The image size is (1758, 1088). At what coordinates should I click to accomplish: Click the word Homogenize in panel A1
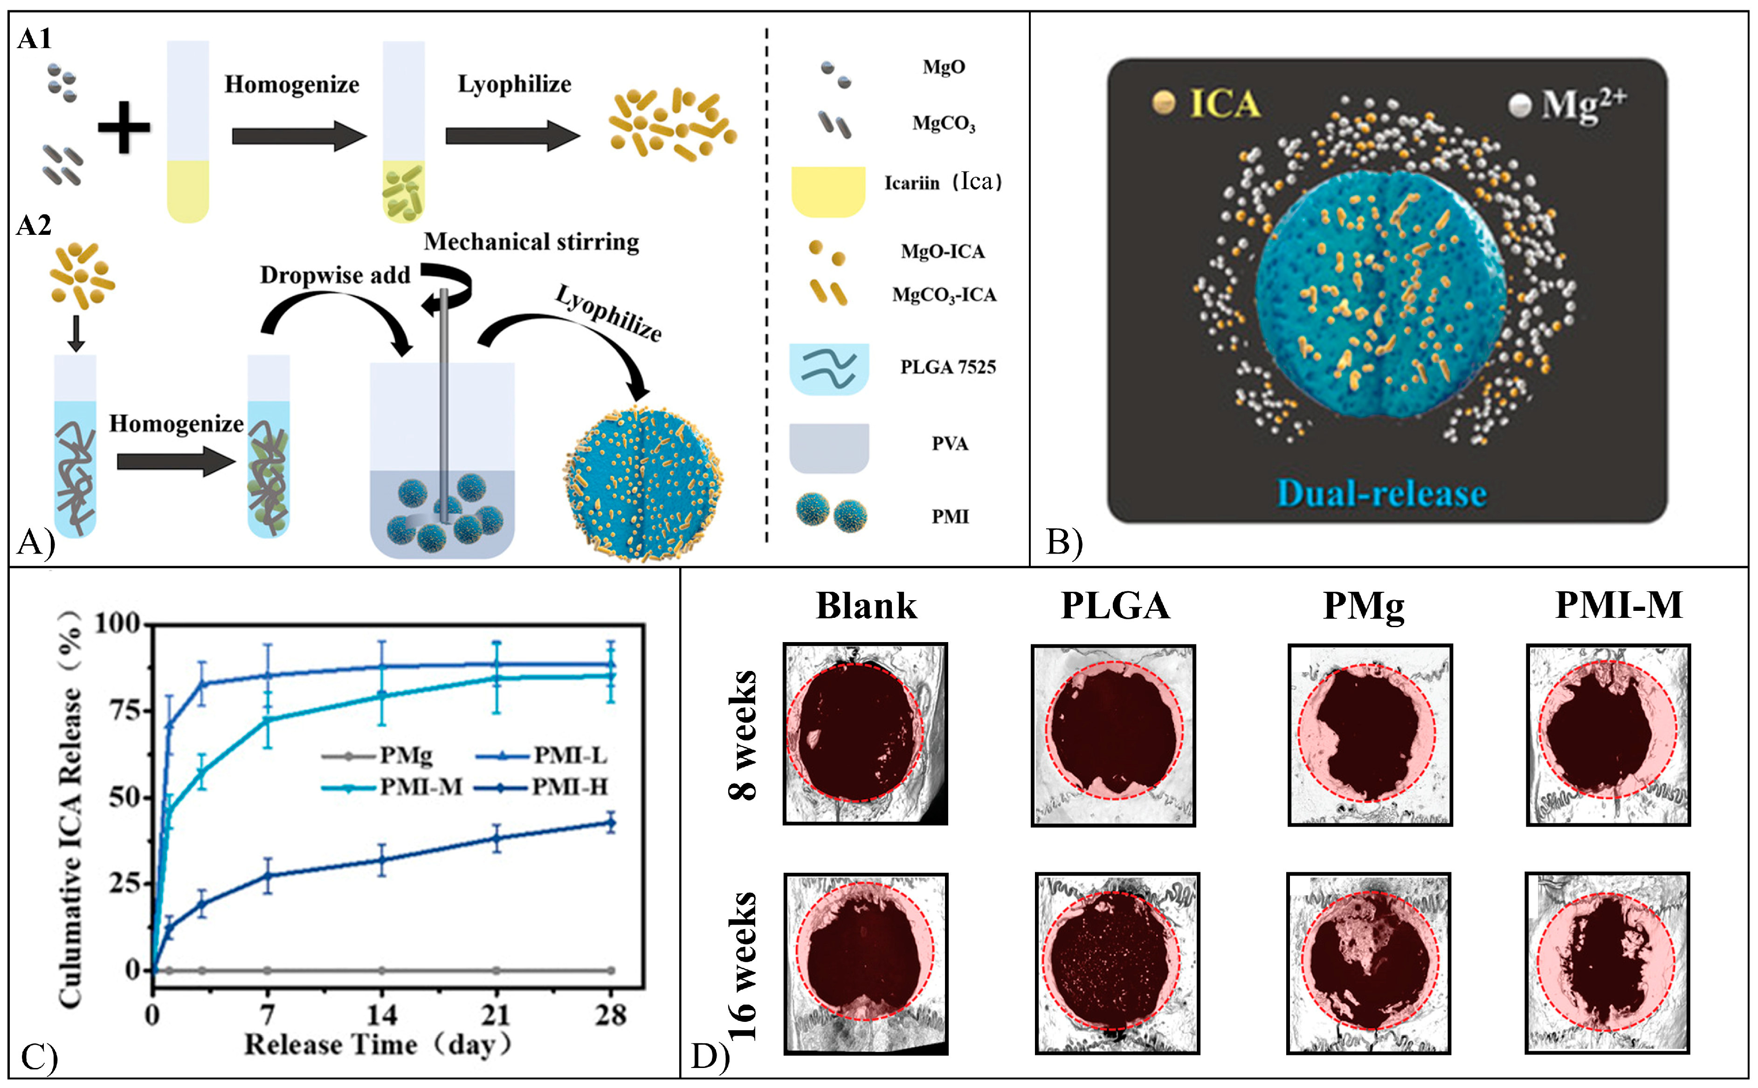coord(291,84)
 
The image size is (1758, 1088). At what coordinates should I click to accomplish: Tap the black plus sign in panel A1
coord(124,127)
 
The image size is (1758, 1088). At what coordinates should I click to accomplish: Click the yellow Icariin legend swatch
coord(828,191)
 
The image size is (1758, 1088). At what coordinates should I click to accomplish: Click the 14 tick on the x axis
coord(381,1014)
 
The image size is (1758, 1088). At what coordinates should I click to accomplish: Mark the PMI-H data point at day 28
coord(611,822)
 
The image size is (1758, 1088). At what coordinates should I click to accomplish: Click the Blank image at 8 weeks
coord(865,733)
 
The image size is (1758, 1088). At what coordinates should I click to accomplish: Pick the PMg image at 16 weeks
coord(1368,964)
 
